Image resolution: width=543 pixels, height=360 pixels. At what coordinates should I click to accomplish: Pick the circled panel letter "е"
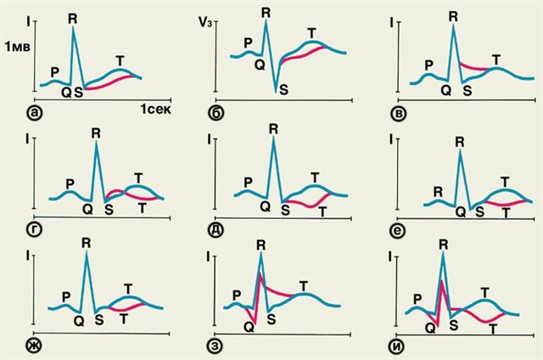pos(391,229)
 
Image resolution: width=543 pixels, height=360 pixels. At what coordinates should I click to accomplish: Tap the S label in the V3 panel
pos(283,87)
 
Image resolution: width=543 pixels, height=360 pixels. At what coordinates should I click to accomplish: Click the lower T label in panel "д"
pos(322,209)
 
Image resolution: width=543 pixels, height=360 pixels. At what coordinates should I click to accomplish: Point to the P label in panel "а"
pos(55,71)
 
